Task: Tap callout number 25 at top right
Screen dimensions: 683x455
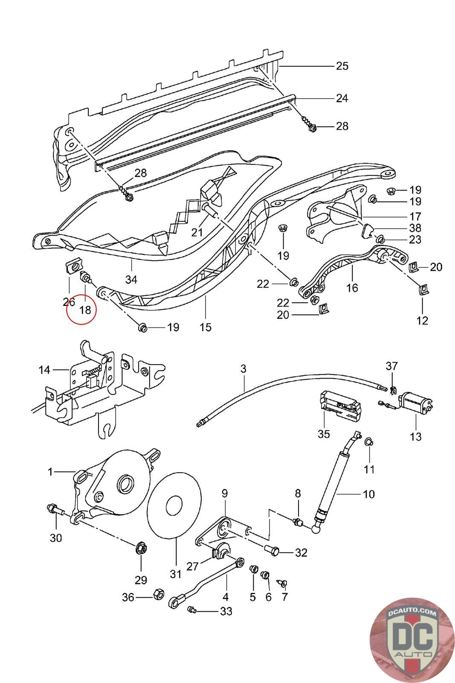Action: pos(342,66)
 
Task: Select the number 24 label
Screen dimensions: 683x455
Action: pos(342,99)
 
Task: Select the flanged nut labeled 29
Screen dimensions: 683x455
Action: pos(140,549)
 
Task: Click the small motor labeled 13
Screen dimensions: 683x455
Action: pos(415,403)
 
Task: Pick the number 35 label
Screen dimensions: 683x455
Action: pos(324,434)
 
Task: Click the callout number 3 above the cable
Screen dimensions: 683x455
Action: pos(243,369)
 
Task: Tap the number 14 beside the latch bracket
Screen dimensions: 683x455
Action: pos(44,370)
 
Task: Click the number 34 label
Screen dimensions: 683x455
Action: pos(131,280)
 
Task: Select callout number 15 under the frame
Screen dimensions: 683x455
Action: pos(206,327)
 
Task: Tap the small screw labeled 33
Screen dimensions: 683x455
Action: pos(191,611)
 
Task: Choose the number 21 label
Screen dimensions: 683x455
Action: pos(197,233)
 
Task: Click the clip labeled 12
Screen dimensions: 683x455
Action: pos(422,290)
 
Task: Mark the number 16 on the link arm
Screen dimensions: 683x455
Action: pos(352,288)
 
